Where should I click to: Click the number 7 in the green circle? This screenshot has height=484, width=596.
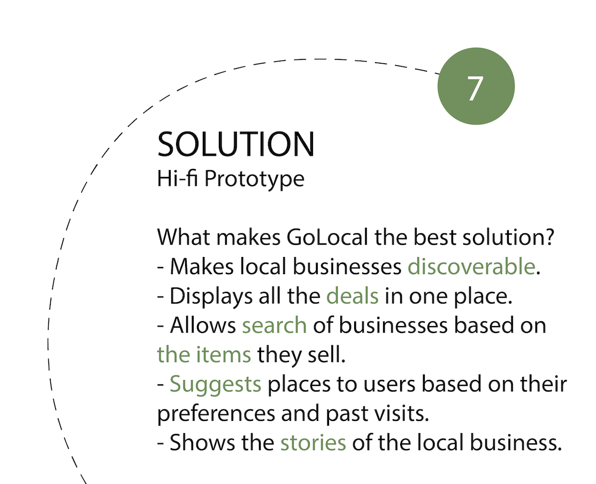[x=476, y=88]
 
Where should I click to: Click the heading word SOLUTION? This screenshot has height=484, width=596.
[x=236, y=144]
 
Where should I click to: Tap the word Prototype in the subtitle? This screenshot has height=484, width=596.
[x=254, y=178]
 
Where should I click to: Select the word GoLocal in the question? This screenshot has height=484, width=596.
[x=327, y=237]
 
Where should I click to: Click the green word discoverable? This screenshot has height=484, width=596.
[x=472, y=266]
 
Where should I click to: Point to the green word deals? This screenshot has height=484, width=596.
[x=353, y=296]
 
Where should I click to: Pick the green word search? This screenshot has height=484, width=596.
[x=274, y=326]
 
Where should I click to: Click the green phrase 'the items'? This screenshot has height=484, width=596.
[x=204, y=354]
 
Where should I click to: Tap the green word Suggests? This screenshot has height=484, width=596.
[x=215, y=385]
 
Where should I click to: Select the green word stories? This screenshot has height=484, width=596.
[x=313, y=443]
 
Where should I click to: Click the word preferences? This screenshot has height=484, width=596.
[x=216, y=414]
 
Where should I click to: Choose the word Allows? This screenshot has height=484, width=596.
[x=203, y=326]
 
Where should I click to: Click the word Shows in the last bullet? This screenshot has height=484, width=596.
[x=202, y=443]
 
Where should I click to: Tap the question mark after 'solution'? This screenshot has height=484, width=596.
[x=549, y=237]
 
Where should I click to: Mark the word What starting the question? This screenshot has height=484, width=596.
[x=184, y=237]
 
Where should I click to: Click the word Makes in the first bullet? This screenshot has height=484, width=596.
[x=202, y=266]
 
